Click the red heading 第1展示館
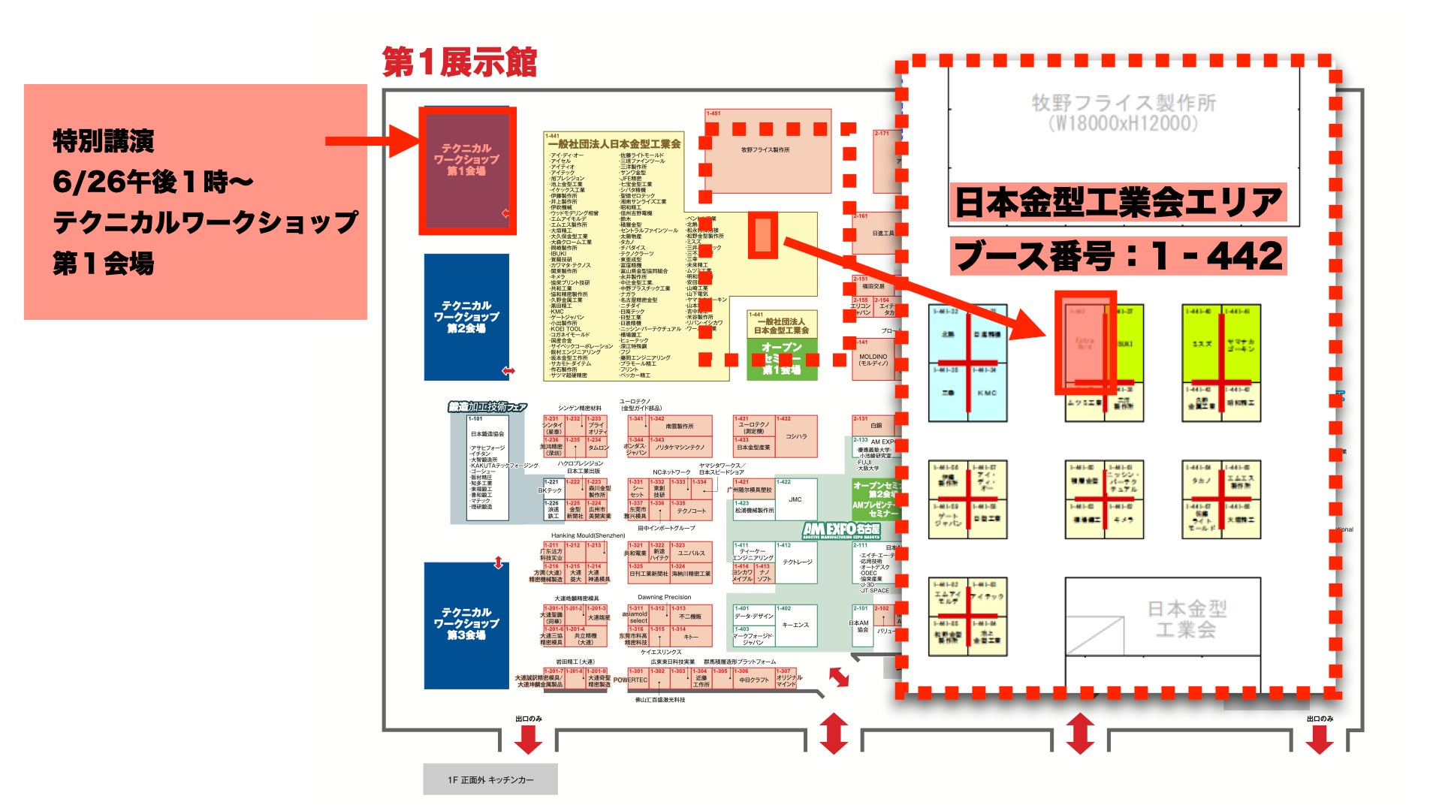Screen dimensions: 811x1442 (x=460, y=62)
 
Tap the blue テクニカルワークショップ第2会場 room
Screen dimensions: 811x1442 (x=466, y=316)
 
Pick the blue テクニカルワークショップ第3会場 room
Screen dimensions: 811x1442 (x=466, y=624)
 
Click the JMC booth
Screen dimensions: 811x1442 (x=795, y=499)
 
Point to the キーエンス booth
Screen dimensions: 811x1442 (x=795, y=625)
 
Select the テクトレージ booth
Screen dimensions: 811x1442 (x=796, y=562)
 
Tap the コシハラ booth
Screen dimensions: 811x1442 (x=796, y=436)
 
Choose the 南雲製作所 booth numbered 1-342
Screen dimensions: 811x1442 (x=680, y=427)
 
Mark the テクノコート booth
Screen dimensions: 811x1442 (x=692, y=511)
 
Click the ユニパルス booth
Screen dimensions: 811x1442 (x=691, y=553)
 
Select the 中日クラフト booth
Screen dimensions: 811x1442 (x=754, y=680)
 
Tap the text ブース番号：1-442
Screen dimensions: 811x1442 (x=1118, y=256)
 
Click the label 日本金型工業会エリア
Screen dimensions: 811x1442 (x=1118, y=202)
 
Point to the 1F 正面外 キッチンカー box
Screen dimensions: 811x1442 (x=490, y=779)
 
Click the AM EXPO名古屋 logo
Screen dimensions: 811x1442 (x=841, y=530)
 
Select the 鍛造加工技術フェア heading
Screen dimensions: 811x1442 (x=487, y=407)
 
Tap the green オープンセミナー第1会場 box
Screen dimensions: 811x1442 (x=782, y=358)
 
